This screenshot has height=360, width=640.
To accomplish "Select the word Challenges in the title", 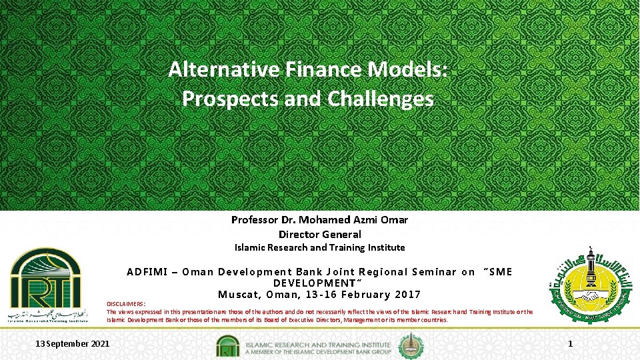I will (x=381, y=99).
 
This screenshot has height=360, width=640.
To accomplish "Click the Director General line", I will (x=320, y=234).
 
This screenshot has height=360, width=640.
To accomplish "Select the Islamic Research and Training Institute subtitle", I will (x=320, y=247).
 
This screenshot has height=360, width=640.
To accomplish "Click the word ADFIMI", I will (x=149, y=271).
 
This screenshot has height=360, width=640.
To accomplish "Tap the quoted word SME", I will (x=499, y=271).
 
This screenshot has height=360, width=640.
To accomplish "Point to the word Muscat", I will (x=239, y=294).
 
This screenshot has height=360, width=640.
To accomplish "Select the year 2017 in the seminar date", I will (x=408, y=294).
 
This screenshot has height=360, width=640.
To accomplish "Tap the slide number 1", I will (x=570, y=344).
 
